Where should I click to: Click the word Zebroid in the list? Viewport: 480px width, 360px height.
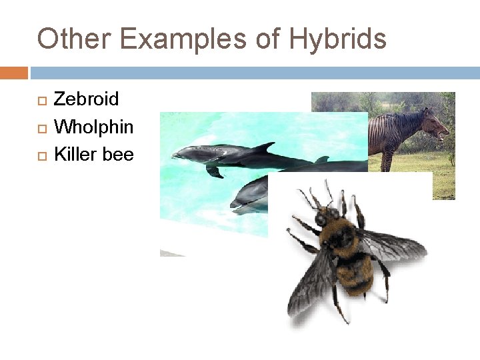point(86,99)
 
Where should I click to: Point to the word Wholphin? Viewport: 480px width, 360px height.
point(93,127)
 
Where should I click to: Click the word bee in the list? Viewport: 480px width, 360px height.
point(118,155)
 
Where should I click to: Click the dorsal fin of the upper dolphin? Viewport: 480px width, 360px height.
point(264,147)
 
